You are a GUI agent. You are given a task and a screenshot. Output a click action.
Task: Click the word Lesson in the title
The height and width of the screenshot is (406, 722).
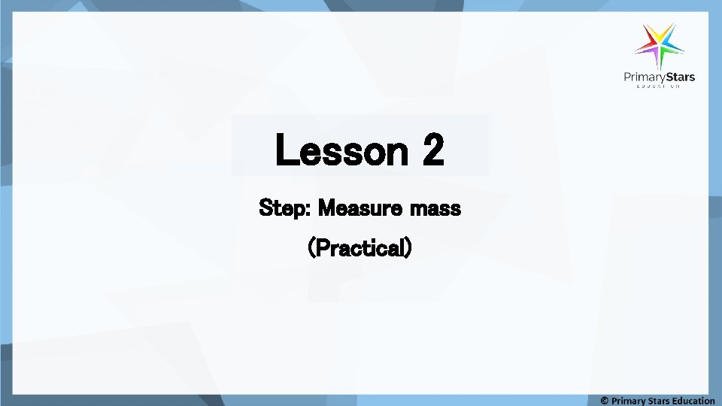coord(341,150)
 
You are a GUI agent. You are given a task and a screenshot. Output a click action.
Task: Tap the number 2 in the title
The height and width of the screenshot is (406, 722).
coord(434,150)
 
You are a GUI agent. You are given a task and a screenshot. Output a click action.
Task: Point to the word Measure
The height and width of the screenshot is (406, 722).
coord(359,208)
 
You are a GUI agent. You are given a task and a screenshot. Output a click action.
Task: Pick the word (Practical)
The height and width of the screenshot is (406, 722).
coord(360,247)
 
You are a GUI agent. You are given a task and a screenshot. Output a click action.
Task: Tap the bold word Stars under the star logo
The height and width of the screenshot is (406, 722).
coord(681,77)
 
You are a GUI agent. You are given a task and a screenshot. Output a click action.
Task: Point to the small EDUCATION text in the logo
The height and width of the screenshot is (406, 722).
coord(659,87)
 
